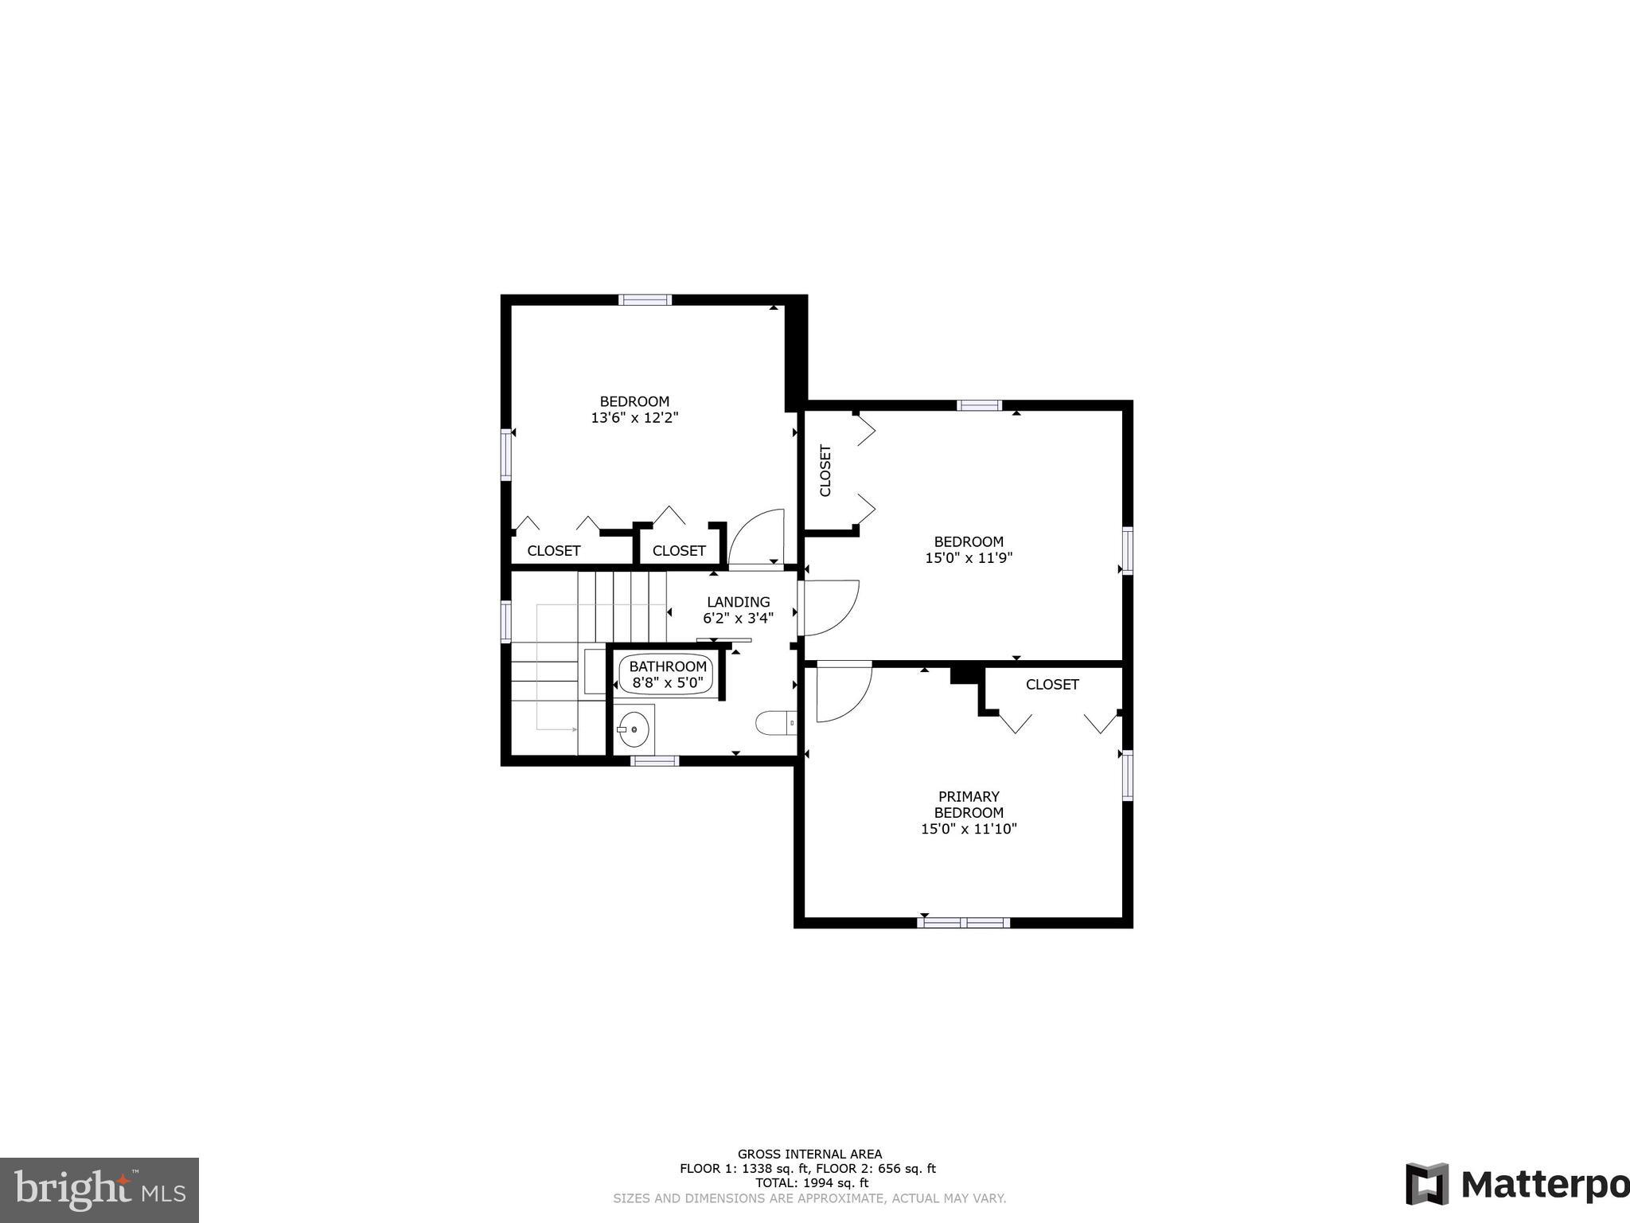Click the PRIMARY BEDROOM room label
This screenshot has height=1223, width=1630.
click(x=969, y=804)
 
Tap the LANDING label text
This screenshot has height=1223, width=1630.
click(x=739, y=602)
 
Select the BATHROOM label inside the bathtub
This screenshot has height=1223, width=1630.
click(x=668, y=666)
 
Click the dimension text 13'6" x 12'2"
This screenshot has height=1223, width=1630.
click(x=634, y=417)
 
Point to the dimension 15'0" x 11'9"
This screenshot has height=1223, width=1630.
click(x=969, y=558)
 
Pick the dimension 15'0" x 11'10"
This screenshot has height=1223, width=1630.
click(x=969, y=829)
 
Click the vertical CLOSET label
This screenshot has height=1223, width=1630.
click(x=825, y=471)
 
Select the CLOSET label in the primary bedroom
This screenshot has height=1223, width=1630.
click(x=1052, y=685)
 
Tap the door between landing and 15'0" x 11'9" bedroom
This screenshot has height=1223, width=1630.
click(x=828, y=608)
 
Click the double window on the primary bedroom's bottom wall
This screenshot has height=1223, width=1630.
click(x=963, y=923)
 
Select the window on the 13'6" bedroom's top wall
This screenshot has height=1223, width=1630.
click(x=645, y=300)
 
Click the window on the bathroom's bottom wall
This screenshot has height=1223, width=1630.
click(x=655, y=761)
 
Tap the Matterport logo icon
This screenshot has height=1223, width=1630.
click(x=1427, y=1184)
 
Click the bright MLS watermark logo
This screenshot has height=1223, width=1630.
click(x=99, y=1190)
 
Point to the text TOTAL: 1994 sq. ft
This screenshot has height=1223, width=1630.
click(x=812, y=1183)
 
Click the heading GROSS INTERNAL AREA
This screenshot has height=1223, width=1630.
click(x=809, y=1154)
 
